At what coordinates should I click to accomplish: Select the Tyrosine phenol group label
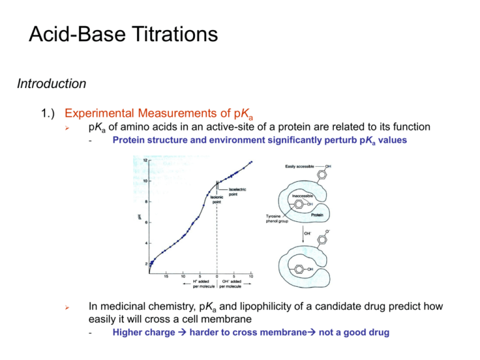pyautogui.click(x=273, y=218)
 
